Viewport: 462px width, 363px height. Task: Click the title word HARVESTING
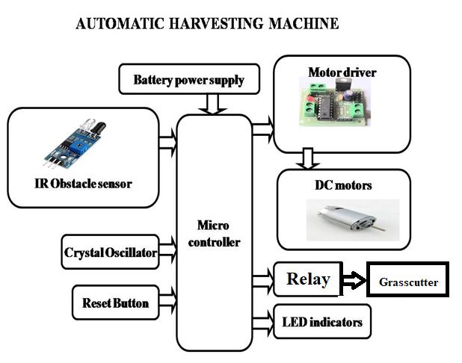click(215, 24)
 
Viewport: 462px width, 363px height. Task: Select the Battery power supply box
click(189, 79)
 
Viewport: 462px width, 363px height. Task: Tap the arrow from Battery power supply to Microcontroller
click(213, 104)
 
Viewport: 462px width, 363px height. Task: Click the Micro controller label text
click(214, 234)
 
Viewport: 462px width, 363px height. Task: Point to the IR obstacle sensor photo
click(76, 144)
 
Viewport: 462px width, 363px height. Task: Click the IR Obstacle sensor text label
click(84, 184)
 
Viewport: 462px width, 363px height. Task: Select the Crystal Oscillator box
click(110, 252)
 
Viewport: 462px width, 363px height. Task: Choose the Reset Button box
click(115, 302)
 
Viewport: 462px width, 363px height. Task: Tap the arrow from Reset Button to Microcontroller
click(168, 301)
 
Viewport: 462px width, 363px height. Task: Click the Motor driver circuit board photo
click(334, 102)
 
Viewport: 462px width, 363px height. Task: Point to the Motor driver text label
click(342, 72)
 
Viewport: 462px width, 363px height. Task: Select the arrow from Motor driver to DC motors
click(308, 159)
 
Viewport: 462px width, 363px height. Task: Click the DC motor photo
click(353, 220)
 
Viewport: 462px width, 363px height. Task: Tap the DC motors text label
click(343, 185)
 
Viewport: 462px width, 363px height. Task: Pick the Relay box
click(307, 279)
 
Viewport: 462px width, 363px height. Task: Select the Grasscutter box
click(407, 279)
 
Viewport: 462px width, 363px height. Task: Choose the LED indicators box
click(322, 322)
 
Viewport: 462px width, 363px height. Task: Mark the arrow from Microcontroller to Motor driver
click(263, 129)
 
